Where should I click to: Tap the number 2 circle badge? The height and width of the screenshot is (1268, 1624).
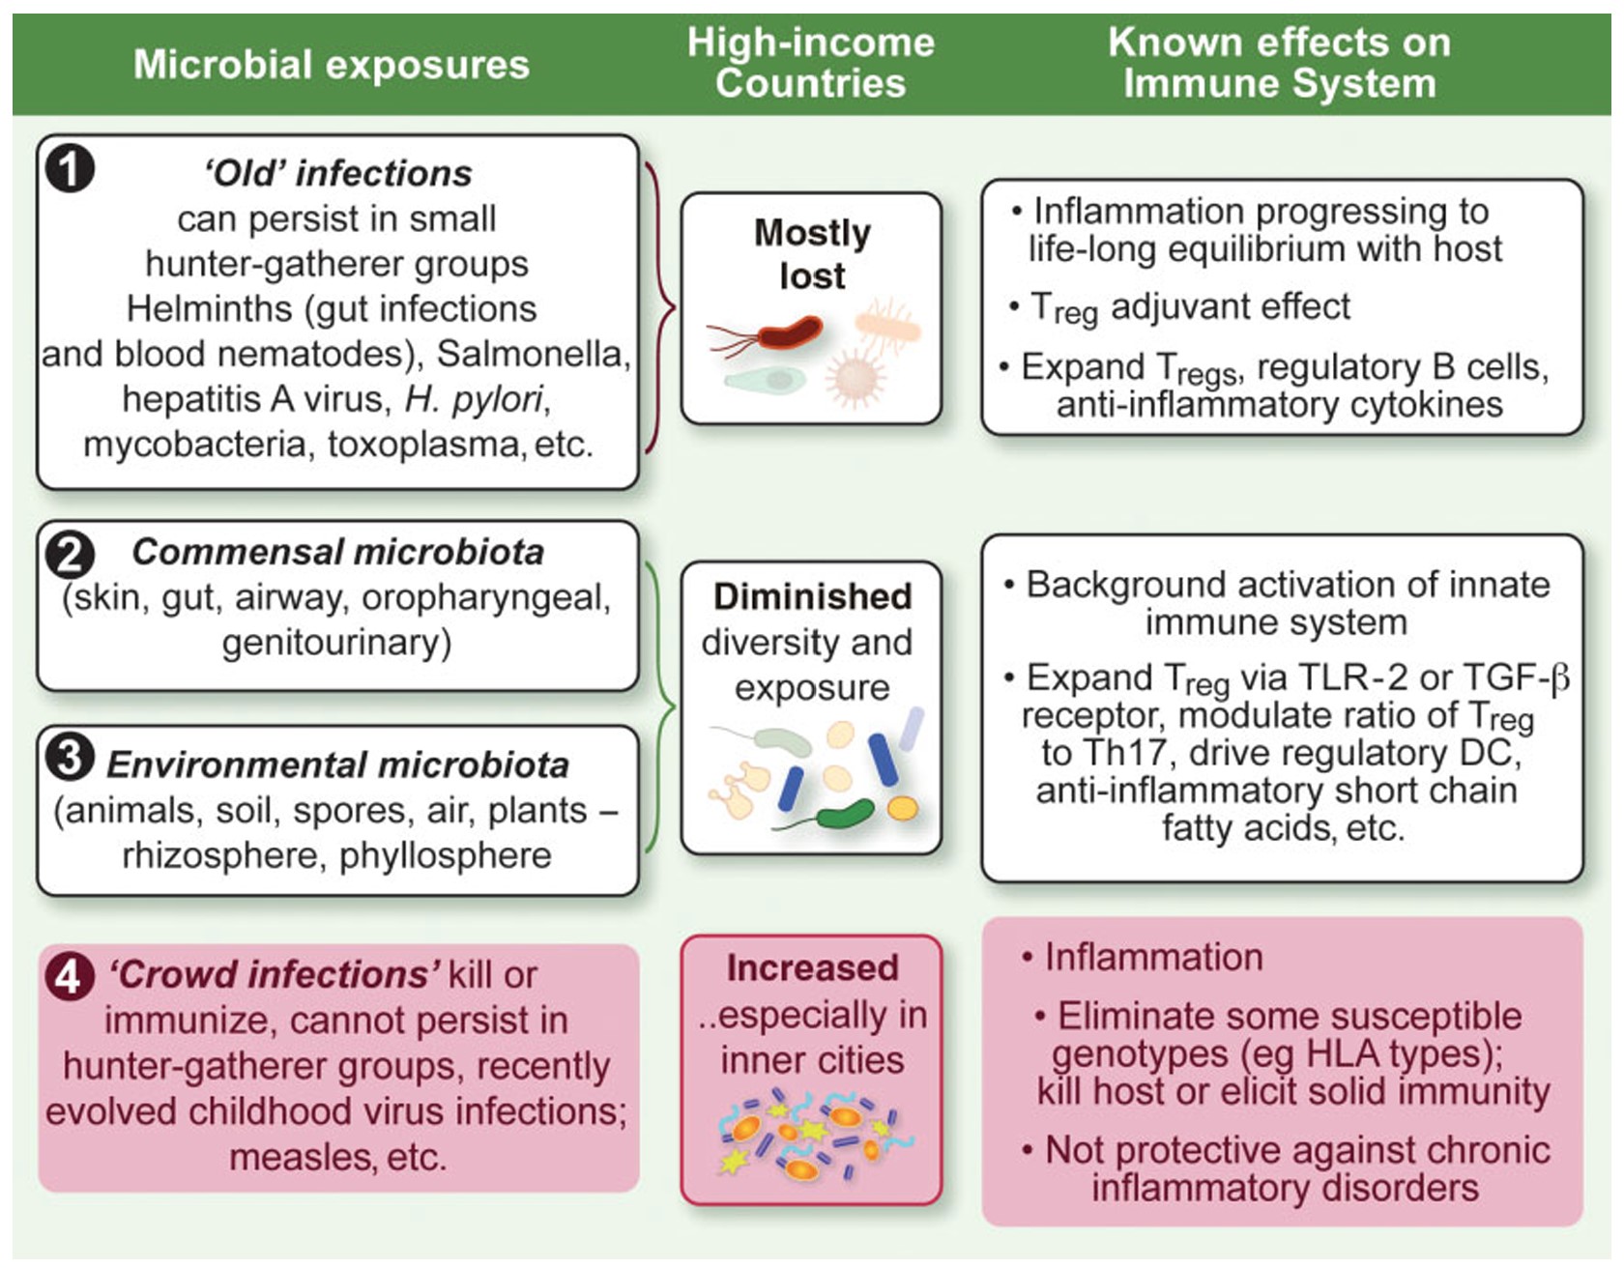[70, 554]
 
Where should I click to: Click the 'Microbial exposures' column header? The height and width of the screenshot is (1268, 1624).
[331, 65]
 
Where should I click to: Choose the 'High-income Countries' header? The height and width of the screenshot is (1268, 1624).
[810, 63]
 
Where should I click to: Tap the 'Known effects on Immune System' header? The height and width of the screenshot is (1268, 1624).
[1278, 63]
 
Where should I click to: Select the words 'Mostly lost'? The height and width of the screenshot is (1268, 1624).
[812, 254]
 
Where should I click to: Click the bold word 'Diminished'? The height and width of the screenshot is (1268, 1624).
[812, 596]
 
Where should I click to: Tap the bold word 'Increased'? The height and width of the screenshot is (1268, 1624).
[812, 967]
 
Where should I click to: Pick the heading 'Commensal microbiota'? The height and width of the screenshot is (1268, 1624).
[337, 552]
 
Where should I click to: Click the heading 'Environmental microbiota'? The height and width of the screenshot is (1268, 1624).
[337, 764]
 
